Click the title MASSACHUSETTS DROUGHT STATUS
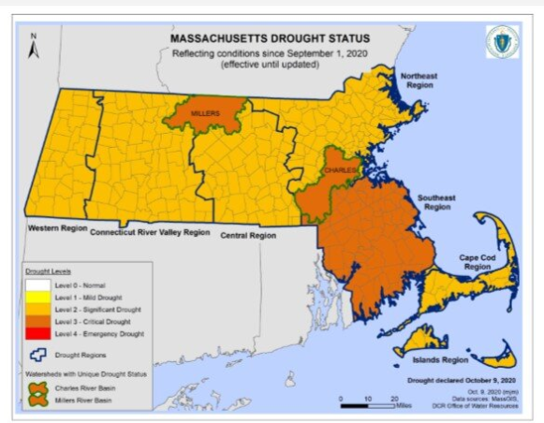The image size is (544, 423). [x=270, y=39]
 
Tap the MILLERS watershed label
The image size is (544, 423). [x=205, y=113]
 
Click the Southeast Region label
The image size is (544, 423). [x=435, y=203]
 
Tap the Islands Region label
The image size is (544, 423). [x=441, y=358]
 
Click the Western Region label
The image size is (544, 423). [x=57, y=227]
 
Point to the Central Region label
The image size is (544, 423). [x=248, y=236]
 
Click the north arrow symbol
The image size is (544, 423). [x=34, y=46]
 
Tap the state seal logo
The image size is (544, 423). [x=502, y=42]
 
